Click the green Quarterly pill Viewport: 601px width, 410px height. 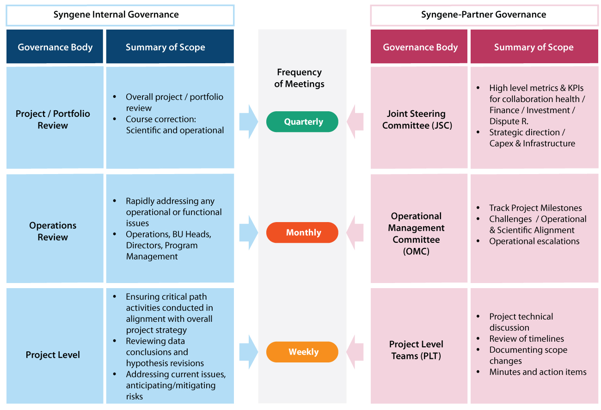tap(302, 122)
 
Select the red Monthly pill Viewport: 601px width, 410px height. tap(302, 233)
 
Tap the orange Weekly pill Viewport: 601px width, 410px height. tap(302, 352)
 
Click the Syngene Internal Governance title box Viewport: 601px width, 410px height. tap(120, 15)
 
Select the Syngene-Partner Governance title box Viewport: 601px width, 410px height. tap(484, 15)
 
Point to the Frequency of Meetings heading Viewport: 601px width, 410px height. tap(300, 78)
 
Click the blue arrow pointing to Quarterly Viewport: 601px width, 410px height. tap(248, 122)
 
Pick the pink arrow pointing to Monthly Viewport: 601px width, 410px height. tap(355, 233)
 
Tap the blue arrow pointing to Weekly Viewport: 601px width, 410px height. tap(248, 352)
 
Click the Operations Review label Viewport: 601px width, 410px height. tap(53, 231)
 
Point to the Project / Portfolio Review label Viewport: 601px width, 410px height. tap(53, 120)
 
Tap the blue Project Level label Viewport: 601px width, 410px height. tap(53, 355)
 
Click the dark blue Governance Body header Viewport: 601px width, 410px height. tap(55, 47)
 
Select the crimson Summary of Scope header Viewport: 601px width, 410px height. tap(534, 47)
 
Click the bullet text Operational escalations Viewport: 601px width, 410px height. tap(534, 241)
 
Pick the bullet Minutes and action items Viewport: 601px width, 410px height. tap(538, 372)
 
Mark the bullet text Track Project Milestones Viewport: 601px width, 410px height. tap(535, 208)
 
